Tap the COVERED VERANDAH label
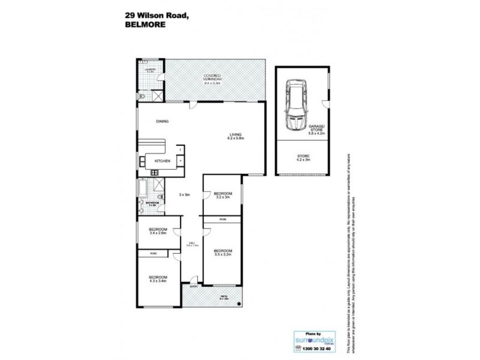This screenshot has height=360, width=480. pyautogui.click(x=214, y=79)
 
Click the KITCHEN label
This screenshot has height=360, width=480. pyautogui.click(x=163, y=161)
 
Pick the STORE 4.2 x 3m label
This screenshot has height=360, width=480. pyautogui.click(x=302, y=158)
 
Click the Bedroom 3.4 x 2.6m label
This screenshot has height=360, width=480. pyautogui.click(x=158, y=232)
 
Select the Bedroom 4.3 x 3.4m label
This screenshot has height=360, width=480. pyautogui.click(x=158, y=279)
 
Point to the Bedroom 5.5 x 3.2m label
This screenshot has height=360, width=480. pyautogui.click(x=223, y=253)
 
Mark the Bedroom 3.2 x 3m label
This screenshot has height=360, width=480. pyautogui.click(x=222, y=196)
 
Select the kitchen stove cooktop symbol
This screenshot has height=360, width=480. pyautogui.click(x=154, y=173)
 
